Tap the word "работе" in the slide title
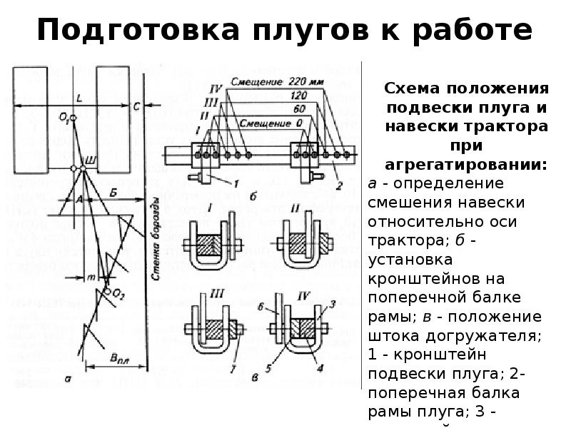coord(465,31)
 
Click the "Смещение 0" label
coord(269,123)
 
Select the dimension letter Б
coord(114,193)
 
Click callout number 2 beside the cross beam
coord(338,187)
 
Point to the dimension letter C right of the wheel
coord(135,106)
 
